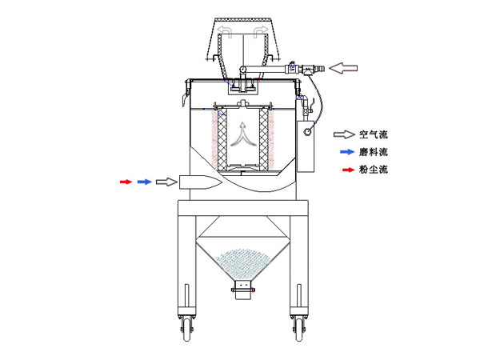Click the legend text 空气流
(x=373, y=135)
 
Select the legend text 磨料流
(x=373, y=151)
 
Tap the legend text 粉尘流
(x=373, y=170)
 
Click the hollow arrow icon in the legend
(x=343, y=135)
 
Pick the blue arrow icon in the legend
(x=343, y=151)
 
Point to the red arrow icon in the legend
(x=343, y=170)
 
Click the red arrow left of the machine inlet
(x=125, y=182)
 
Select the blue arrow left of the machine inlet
(x=144, y=182)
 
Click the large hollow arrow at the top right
(x=346, y=70)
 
